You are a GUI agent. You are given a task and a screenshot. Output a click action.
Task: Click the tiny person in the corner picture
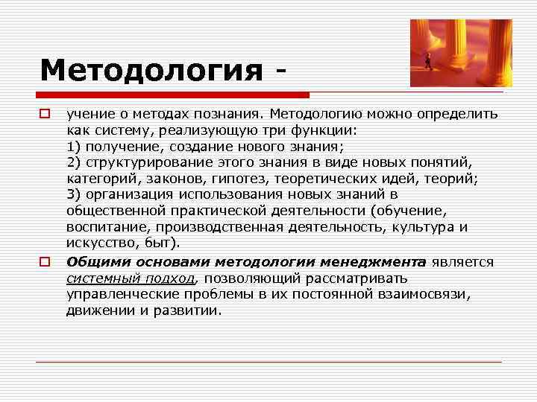(429, 63)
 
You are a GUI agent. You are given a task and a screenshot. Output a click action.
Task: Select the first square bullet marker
(45, 115)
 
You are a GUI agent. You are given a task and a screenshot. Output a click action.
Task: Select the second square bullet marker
(45, 262)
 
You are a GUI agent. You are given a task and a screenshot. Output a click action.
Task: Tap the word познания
(228, 115)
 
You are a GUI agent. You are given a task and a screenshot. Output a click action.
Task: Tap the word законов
(178, 179)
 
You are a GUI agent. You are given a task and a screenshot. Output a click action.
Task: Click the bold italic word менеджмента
(372, 262)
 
